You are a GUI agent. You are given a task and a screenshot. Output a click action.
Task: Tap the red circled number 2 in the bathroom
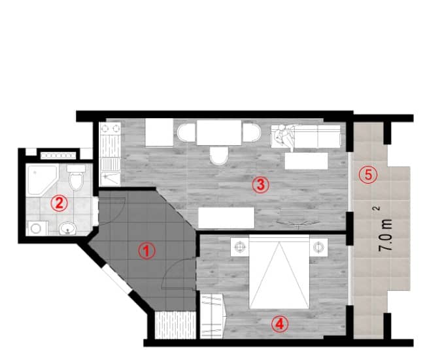[59, 203]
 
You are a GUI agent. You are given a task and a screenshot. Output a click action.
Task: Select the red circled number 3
[260, 185]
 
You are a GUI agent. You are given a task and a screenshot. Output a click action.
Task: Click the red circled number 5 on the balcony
[369, 174]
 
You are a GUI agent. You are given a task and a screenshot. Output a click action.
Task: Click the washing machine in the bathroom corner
[37, 228]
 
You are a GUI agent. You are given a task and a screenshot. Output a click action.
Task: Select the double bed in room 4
[279, 272]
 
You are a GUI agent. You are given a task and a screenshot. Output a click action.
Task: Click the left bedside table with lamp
[240, 247]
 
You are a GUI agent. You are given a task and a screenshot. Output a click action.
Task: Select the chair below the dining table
[219, 156]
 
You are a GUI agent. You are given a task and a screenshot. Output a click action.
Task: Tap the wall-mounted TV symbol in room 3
[297, 223]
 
